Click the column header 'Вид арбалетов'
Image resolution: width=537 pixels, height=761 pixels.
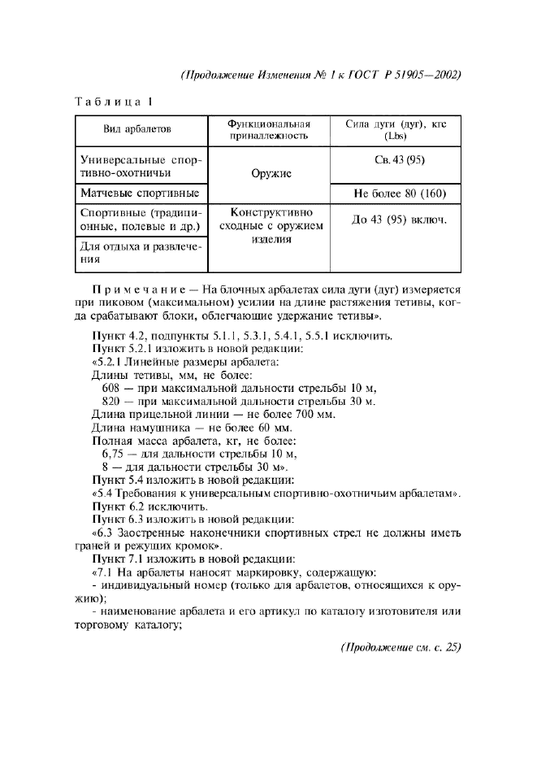[x=137, y=130]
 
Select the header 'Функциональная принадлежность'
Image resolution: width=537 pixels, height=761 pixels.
[x=269, y=130]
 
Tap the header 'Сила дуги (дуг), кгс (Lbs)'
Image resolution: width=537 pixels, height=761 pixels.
[x=396, y=130]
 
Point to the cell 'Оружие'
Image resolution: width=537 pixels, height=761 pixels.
[x=269, y=173]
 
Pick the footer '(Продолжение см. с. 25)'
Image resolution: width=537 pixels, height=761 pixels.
[x=400, y=647]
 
